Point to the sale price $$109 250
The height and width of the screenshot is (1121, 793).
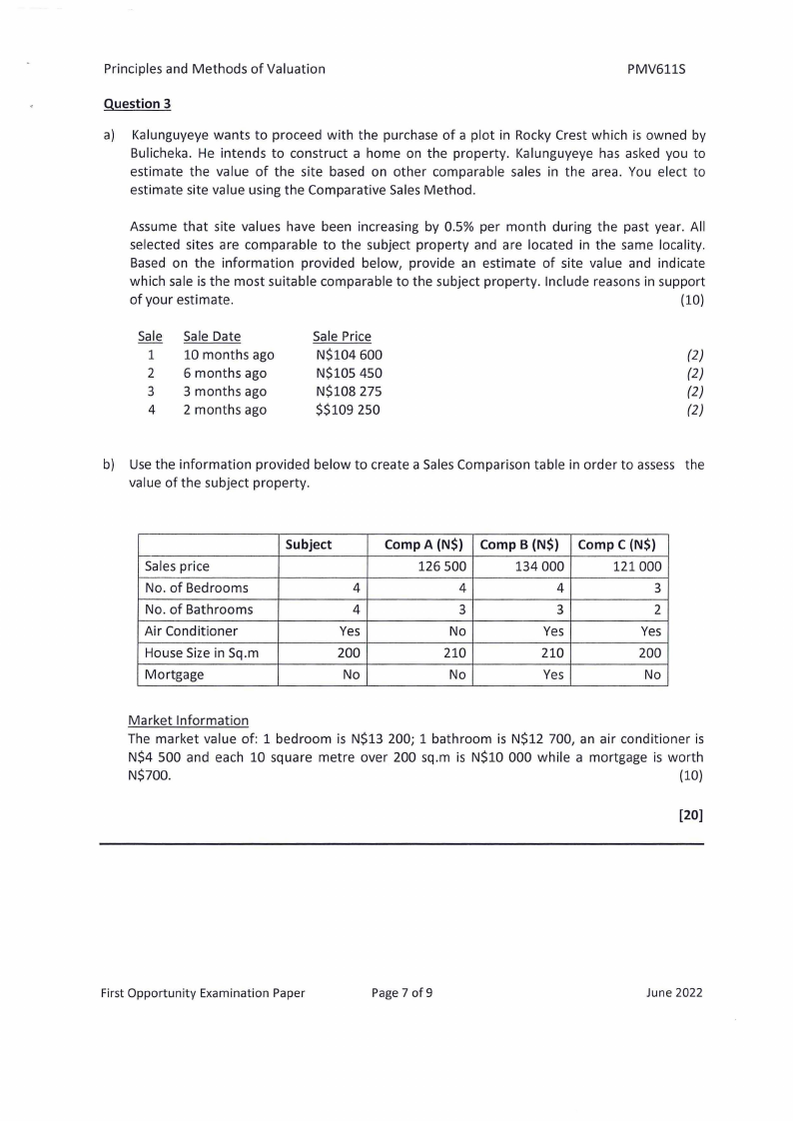(x=347, y=410)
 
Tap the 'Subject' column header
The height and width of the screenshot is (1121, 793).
(x=309, y=545)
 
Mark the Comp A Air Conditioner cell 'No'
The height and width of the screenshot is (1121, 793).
(x=458, y=631)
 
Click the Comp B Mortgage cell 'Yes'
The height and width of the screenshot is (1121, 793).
(x=554, y=675)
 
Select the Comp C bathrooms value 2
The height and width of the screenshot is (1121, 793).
(x=657, y=609)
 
